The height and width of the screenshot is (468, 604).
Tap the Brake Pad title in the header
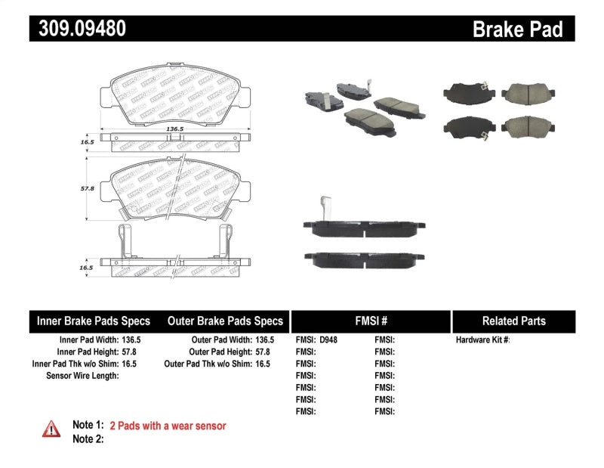(x=517, y=29)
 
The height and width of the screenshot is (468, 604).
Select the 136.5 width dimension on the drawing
(x=174, y=129)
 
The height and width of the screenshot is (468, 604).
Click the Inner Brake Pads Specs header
(x=94, y=321)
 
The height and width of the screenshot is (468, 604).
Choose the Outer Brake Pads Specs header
(x=224, y=321)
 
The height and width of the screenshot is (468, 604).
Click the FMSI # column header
(x=370, y=321)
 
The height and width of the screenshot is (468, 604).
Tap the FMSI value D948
(x=328, y=340)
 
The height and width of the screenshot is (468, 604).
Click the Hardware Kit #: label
(x=482, y=340)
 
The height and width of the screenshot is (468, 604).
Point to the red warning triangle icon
(x=51, y=429)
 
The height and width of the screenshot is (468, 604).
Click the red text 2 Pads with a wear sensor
(x=168, y=426)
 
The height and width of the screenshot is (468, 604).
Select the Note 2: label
(x=88, y=439)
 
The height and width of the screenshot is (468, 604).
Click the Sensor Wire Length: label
(x=82, y=376)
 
